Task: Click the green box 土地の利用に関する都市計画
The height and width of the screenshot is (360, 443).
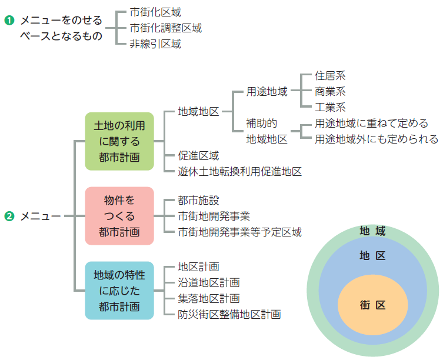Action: pos(119,141)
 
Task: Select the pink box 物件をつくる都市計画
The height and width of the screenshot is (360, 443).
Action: pos(119,215)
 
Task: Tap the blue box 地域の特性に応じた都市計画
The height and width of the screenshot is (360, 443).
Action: pos(119,290)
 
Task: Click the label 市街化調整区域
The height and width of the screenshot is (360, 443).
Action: pos(165,28)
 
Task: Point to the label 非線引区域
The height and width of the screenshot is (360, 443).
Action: pos(155,44)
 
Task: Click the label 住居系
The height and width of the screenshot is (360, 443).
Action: pos(330,76)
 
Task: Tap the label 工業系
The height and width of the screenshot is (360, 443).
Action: pos(330,107)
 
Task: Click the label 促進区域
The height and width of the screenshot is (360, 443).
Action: pos(198,156)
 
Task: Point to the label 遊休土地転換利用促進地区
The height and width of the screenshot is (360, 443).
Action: pos(239,172)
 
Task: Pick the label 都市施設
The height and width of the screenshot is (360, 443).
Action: pos(198,201)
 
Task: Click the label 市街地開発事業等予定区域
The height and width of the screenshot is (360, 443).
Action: pos(239,232)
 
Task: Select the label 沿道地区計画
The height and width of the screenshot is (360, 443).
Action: pos(209,283)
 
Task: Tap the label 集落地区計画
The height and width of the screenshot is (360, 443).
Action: pos(209,298)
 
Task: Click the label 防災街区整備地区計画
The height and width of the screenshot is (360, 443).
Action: pos(229,314)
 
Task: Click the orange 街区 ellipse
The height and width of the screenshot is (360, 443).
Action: pos(373,305)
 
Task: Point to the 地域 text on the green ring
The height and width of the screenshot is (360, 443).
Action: pos(372,231)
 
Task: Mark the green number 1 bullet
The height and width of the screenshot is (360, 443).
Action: pos(9,21)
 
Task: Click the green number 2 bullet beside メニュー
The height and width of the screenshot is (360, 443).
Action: pos(9,216)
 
